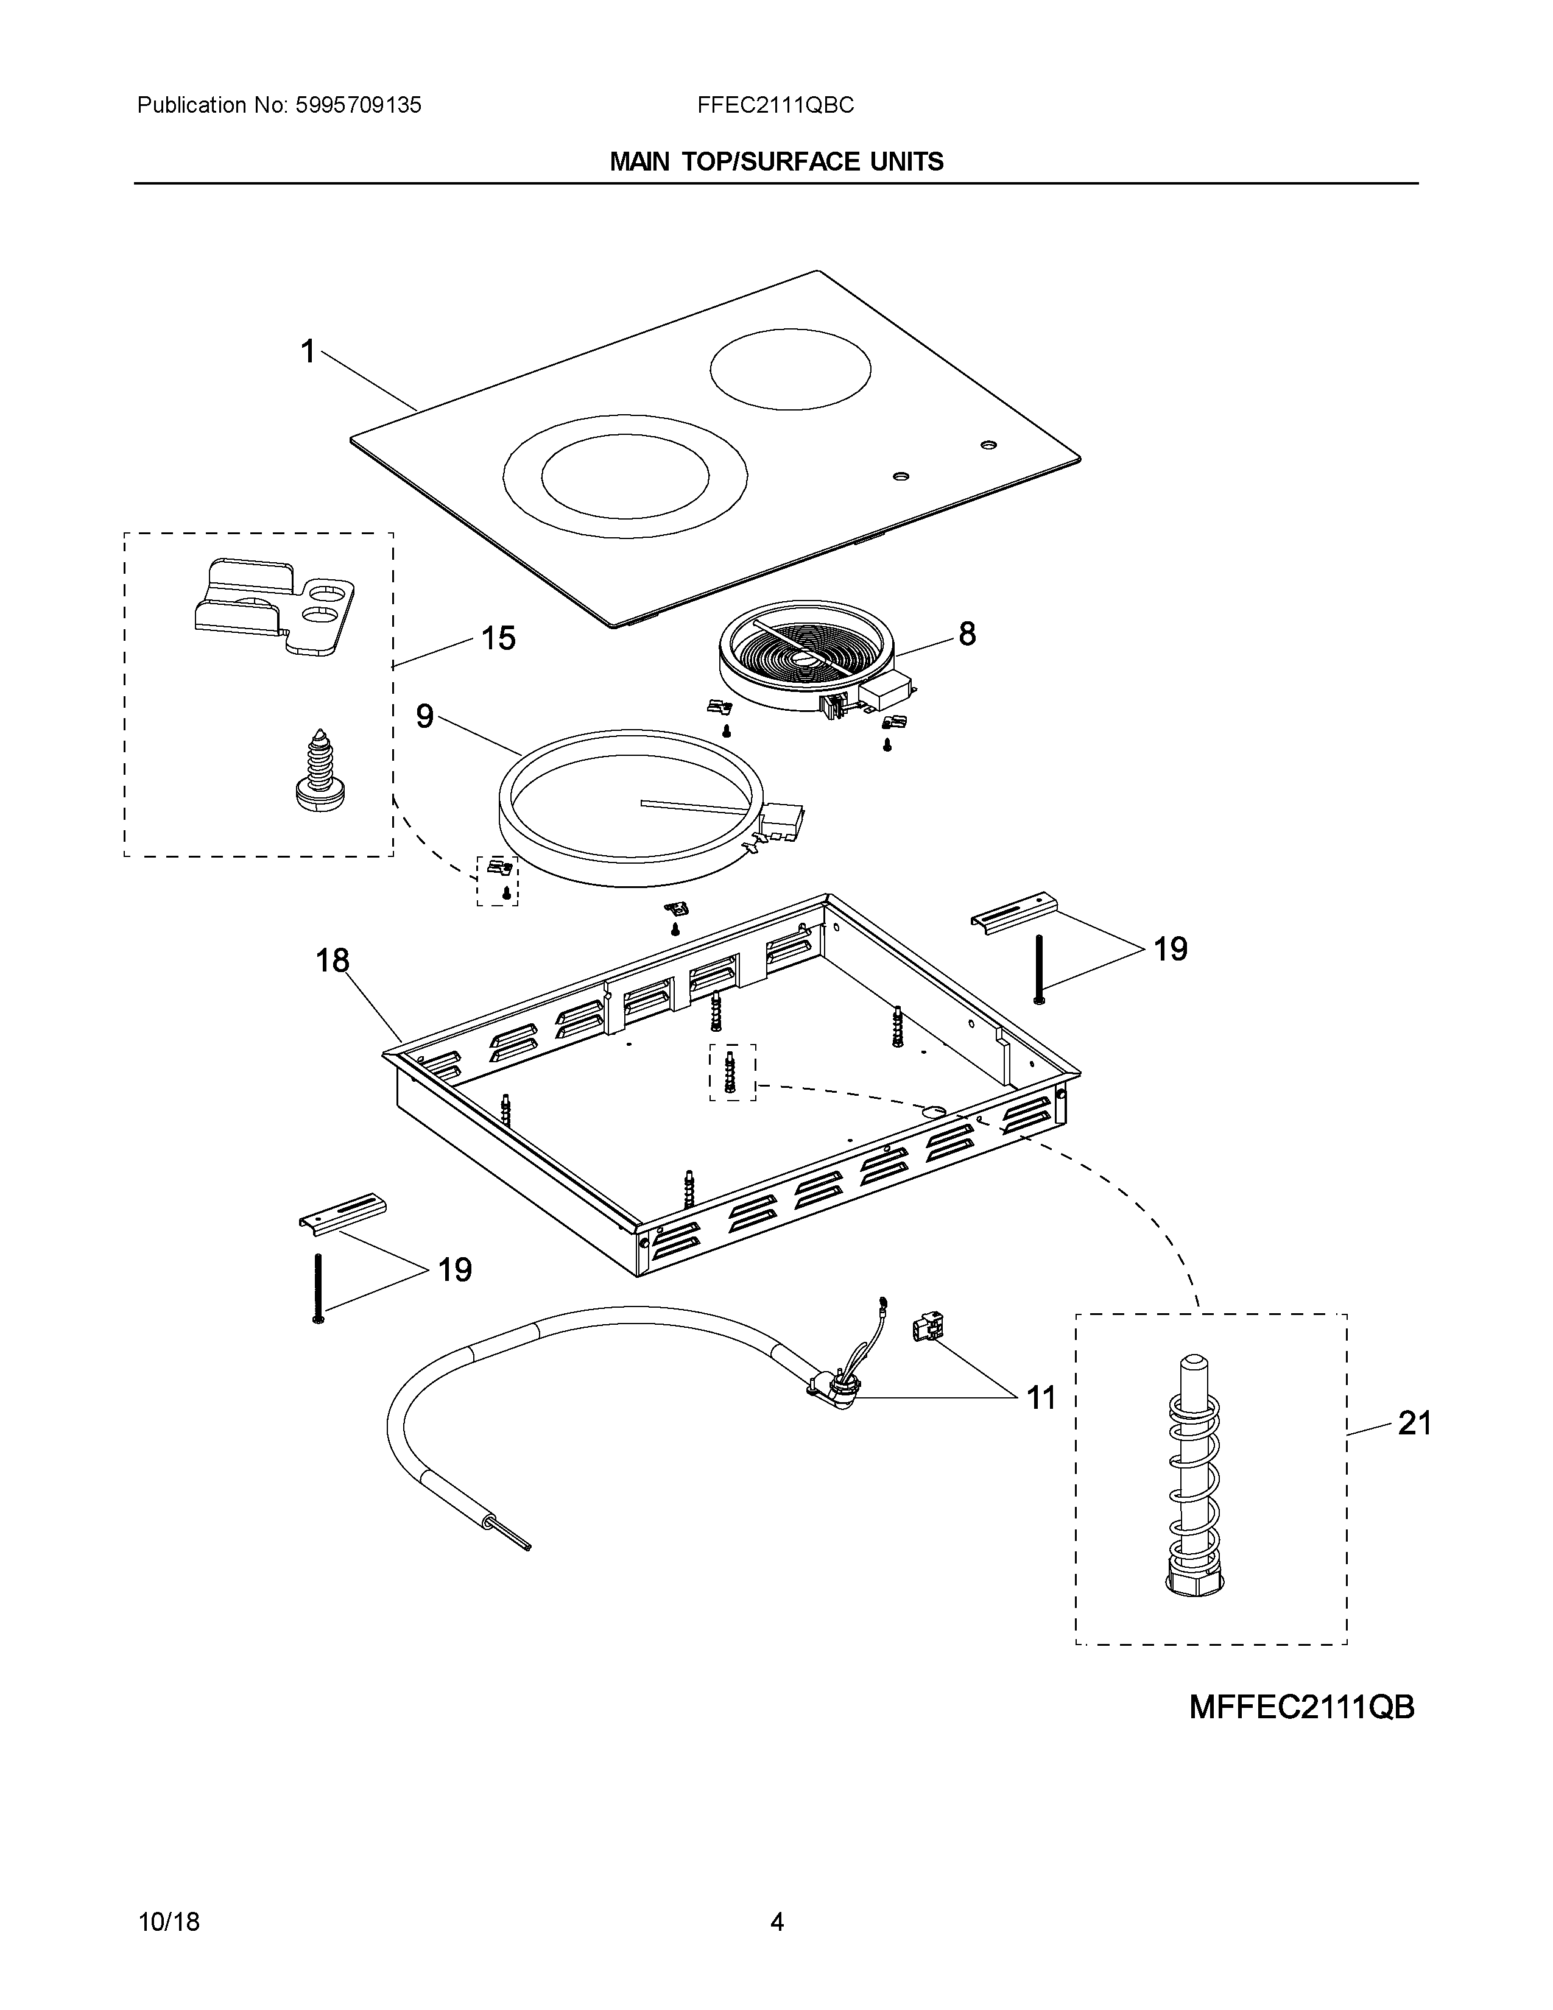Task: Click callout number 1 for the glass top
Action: tap(308, 351)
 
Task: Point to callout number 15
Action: tap(499, 638)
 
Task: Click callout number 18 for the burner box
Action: tap(332, 961)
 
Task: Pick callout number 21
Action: tap(1414, 1424)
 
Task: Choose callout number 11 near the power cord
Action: tap(1041, 1398)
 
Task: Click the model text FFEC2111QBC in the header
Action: tap(775, 106)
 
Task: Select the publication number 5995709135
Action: tap(358, 106)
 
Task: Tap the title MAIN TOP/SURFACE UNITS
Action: tap(776, 162)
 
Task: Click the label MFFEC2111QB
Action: tap(1301, 1707)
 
